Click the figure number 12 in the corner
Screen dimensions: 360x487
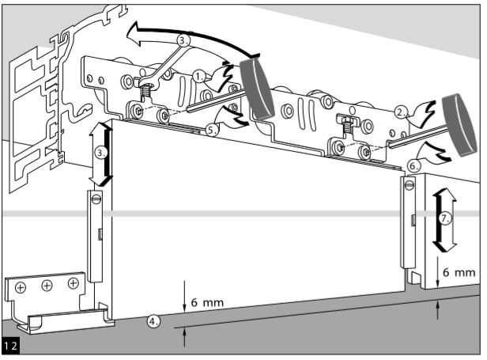tap(11, 347)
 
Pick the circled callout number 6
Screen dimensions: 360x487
tap(414, 166)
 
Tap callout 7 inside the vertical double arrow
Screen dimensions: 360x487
tap(445, 219)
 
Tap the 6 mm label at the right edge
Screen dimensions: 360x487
tap(459, 271)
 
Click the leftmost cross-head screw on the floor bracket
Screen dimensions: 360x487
tap(21, 289)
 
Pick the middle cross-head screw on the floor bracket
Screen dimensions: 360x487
tap(47, 286)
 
